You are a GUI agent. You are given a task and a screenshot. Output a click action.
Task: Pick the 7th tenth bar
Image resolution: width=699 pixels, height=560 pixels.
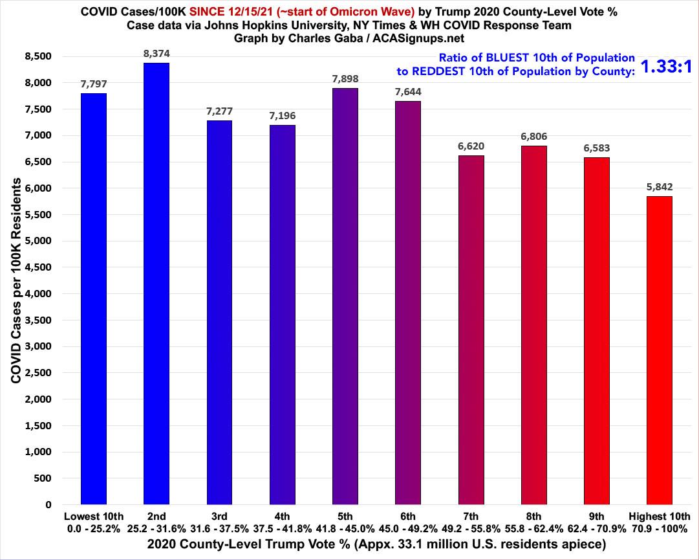[470, 330]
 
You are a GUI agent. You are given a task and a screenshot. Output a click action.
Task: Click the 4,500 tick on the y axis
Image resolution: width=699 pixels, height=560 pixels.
[40, 267]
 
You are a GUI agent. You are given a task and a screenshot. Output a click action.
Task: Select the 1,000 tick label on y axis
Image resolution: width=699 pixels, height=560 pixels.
[40, 452]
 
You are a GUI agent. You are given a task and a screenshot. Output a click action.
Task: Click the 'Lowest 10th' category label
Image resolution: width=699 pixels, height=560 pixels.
[94, 516]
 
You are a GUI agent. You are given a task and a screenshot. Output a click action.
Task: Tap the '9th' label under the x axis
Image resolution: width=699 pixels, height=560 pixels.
[596, 516]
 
